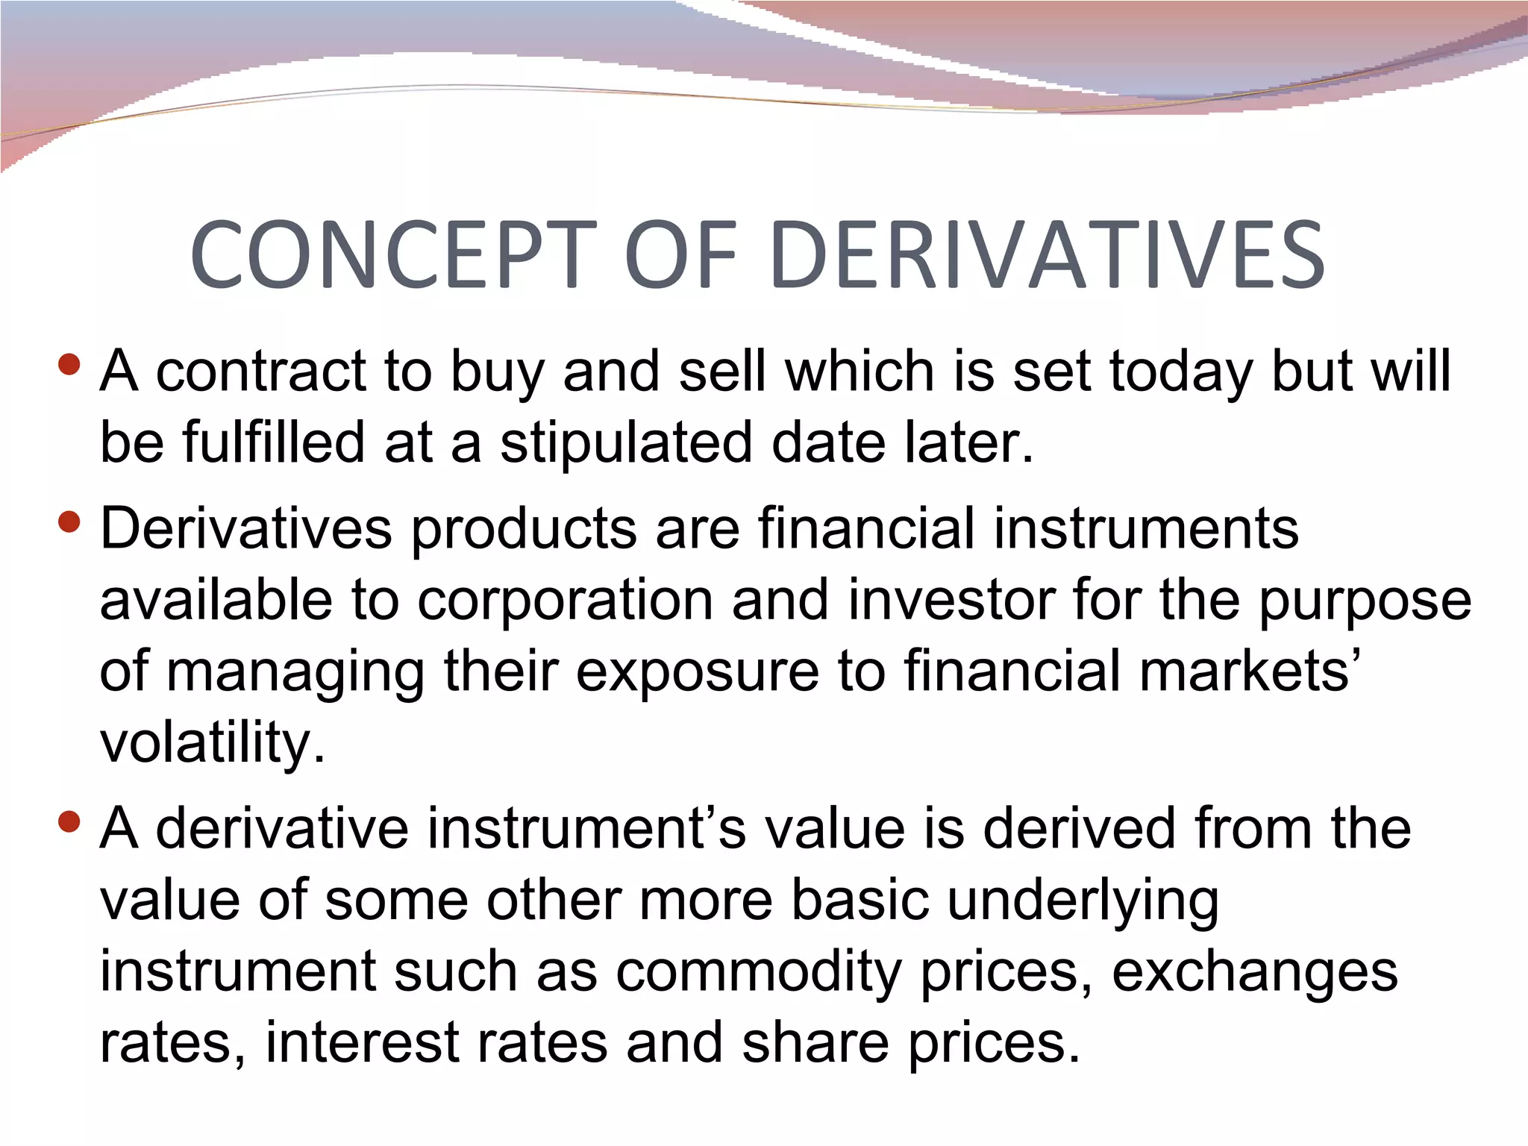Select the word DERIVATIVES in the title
tap(1048, 255)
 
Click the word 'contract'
tap(261, 371)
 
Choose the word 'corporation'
tap(565, 600)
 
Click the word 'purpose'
tap(1365, 601)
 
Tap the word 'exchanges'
tap(1254, 973)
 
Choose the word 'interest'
tap(362, 1042)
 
